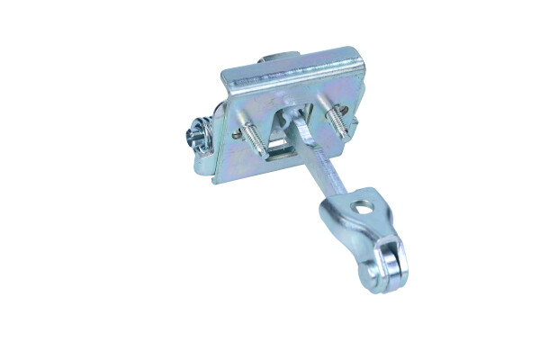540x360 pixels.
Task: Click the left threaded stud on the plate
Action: tap(253, 136)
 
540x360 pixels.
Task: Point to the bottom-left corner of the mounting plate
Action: tap(213, 180)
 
